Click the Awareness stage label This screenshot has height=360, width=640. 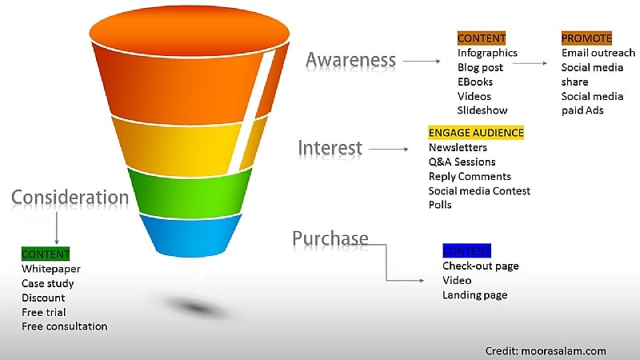click(350, 60)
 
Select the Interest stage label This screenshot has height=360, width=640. click(330, 148)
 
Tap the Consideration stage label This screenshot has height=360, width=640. click(70, 198)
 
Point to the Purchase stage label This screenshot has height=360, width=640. click(330, 238)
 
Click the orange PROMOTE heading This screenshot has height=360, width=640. click(586, 38)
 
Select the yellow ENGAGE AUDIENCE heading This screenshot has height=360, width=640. click(476, 133)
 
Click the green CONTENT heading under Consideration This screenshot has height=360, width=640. click(46, 254)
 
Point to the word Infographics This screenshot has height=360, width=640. click(487, 53)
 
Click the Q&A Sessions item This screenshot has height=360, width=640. click(462, 162)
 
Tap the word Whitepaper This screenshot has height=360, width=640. click(50, 270)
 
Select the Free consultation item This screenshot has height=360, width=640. click(64, 326)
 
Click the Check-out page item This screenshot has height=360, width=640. click(480, 266)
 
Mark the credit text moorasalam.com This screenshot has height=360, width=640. click(546, 350)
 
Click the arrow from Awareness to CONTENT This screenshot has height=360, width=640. click(422, 61)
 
